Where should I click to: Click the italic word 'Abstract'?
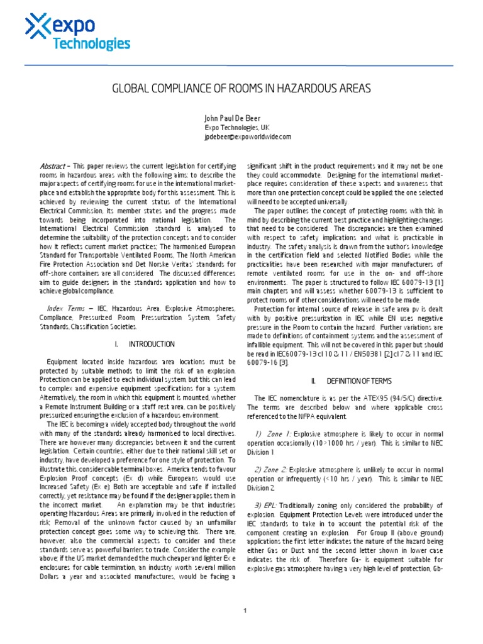(x=52, y=166)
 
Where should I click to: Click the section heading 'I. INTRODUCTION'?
(x=145, y=345)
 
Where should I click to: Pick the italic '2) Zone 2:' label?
(x=274, y=469)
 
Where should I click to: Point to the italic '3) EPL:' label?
(x=270, y=505)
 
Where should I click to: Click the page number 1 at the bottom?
(x=245, y=610)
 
